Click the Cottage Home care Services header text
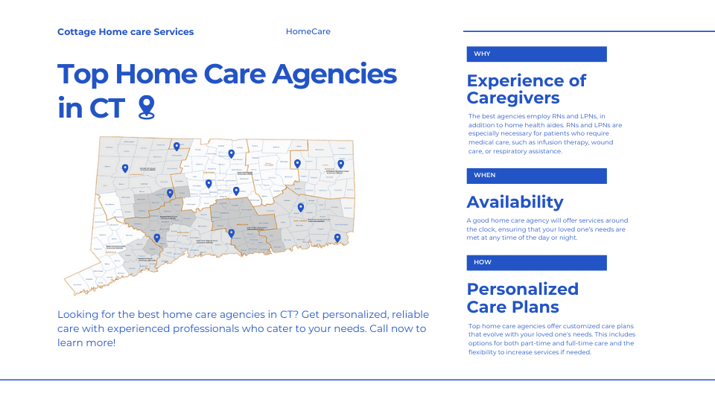point(125,32)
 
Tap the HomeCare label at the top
point(308,32)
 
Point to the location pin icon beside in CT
point(146,107)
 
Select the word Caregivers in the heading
point(513,98)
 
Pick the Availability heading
point(515,202)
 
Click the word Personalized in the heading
point(522,289)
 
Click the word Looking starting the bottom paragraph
point(78,315)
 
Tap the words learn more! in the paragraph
point(86,343)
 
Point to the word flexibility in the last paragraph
point(486,352)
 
